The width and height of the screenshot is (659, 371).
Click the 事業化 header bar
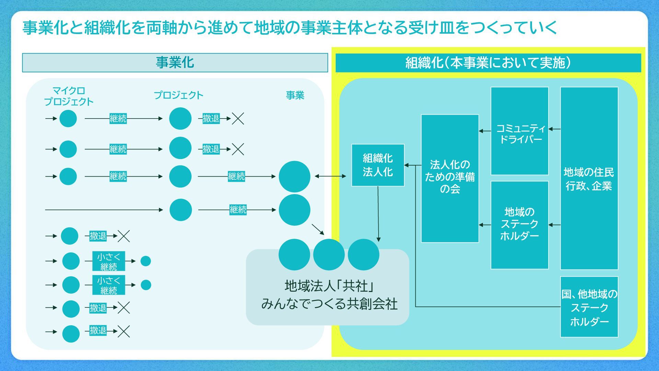(x=175, y=63)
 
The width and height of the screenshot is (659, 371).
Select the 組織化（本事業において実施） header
(x=488, y=63)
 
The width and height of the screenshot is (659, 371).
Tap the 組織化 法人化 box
(x=378, y=165)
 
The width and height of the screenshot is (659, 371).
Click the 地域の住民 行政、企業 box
(x=589, y=178)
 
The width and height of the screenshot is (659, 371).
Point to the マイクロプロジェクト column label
(x=69, y=97)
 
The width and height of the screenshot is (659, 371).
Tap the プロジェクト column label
(x=178, y=95)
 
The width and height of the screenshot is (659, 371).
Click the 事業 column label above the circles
(x=295, y=95)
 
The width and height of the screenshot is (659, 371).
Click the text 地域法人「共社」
(x=329, y=286)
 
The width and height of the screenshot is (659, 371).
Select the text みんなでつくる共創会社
(x=329, y=304)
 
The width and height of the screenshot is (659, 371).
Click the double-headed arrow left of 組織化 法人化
(x=330, y=176)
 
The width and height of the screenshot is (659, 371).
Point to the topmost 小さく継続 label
(x=109, y=261)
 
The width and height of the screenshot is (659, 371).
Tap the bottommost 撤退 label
(x=98, y=330)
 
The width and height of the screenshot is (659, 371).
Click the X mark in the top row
(x=238, y=119)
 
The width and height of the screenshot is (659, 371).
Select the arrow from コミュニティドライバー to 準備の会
(x=485, y=131)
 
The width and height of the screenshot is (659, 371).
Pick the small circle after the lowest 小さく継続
(x=146, y=285)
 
